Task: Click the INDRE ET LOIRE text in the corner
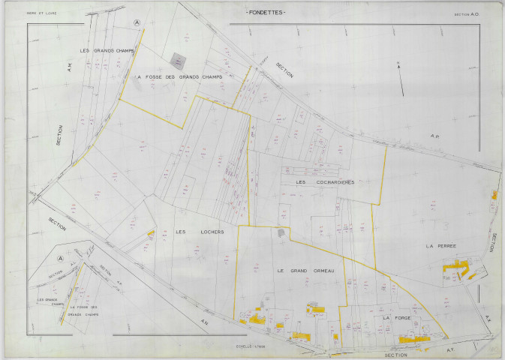(41, 13)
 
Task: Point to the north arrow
(401, 79)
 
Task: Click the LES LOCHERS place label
(200, 232)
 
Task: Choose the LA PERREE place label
(440, 245)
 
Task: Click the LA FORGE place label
(394, 318)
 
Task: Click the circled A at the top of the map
(136, 23)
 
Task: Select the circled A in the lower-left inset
(59, 258)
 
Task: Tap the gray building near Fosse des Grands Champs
(178, 58)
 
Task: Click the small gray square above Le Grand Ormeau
(281, 233)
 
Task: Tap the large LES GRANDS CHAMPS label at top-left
(107, 50)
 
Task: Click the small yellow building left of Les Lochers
(151, 234)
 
